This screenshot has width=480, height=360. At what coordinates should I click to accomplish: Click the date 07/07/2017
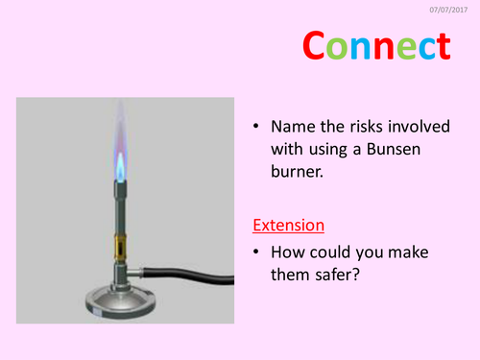click(452, 11)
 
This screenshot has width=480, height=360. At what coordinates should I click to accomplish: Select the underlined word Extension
click(288, 226)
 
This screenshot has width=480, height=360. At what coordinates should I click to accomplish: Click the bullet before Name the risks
click(256, 128)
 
